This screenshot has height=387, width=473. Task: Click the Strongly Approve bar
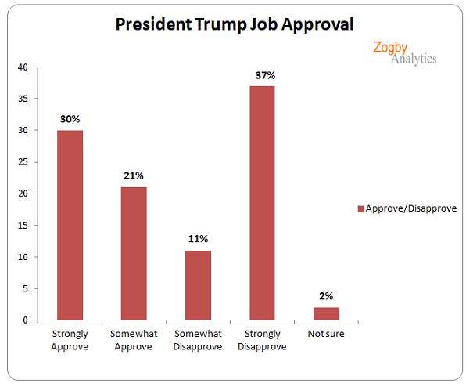[x=70, y=225]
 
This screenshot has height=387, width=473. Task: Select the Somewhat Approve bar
[x=133, y=253]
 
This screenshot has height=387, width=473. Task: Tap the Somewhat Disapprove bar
[x=198, y=285]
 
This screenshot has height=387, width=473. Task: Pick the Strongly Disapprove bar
[x=262, y=203]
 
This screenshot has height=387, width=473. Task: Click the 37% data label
[x=262, y=75]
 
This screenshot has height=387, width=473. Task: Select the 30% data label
[x=70, y=119]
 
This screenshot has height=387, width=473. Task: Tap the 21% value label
[x=134, y=176]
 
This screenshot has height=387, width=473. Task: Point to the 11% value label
[x=198, y=239]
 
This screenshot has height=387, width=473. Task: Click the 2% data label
[x=326, y=296]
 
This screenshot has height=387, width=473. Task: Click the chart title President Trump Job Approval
[x=235, y=24]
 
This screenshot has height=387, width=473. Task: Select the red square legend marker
[x=360, y=208]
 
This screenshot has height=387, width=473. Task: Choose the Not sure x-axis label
[x=326, y=333]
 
